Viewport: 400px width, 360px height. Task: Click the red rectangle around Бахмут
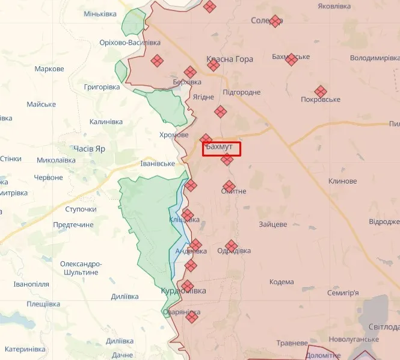221,149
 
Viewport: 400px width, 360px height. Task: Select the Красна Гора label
230,59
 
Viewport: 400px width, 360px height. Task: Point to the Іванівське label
158,163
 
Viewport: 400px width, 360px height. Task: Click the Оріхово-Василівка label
130,43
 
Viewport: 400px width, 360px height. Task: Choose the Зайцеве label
272,225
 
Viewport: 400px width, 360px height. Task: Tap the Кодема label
282,282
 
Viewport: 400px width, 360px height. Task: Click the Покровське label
321,99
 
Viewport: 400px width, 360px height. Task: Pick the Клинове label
342,181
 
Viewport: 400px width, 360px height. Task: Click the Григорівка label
102,87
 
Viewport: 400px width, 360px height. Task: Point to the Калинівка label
106,122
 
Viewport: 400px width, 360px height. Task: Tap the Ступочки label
81,209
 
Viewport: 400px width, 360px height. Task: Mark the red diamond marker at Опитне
229,186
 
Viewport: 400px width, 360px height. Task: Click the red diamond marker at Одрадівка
231,246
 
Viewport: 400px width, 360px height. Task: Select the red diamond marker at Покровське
321,91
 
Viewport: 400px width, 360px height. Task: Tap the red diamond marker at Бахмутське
291,59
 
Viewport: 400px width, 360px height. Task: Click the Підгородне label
241,92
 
